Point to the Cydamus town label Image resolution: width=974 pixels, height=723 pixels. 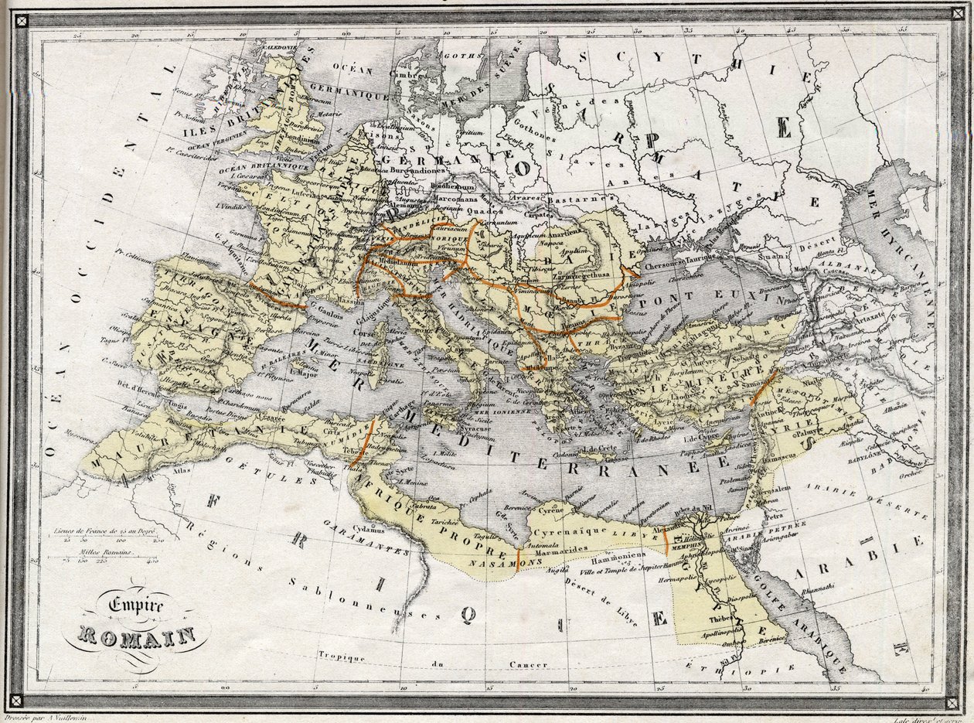click(x=367, y=530)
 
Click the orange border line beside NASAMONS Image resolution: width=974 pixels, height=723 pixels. click(x=517, y=557)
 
